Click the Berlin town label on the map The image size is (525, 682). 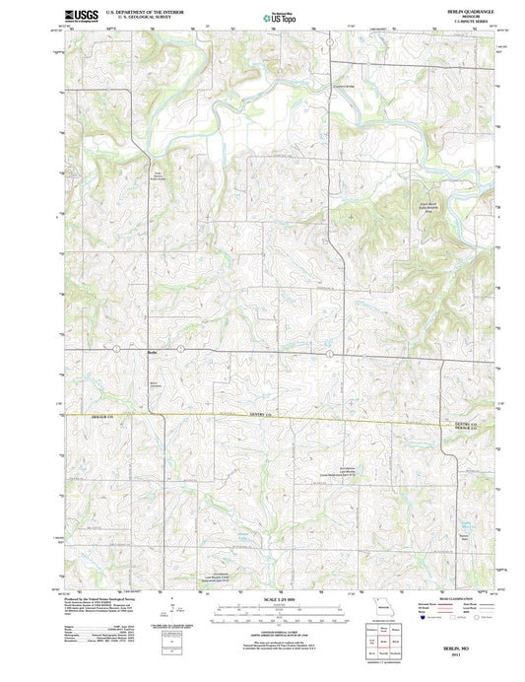click(152, 351)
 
